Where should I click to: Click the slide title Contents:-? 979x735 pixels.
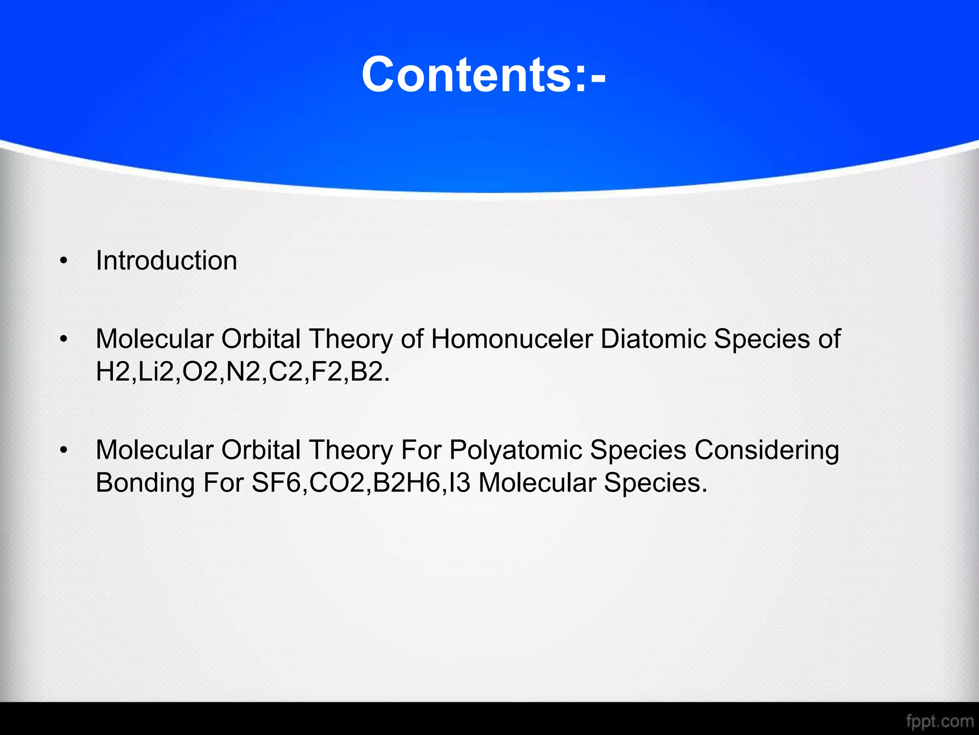[484, 75]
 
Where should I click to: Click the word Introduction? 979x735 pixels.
[166, 261]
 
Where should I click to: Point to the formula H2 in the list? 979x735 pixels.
[113, 372]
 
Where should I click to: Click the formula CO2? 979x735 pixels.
[337, 483]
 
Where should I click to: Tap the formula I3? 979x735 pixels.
[459, 483]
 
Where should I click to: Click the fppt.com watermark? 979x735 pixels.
[939, 721]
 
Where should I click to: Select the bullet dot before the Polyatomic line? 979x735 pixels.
[64, 451]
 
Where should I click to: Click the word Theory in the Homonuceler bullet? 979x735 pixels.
[351, 339]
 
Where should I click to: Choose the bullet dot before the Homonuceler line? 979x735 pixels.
[64, 339]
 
